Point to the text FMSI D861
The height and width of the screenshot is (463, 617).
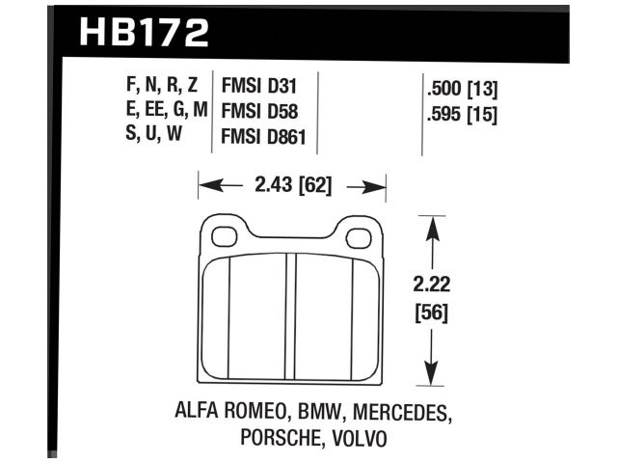click(265, 137)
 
